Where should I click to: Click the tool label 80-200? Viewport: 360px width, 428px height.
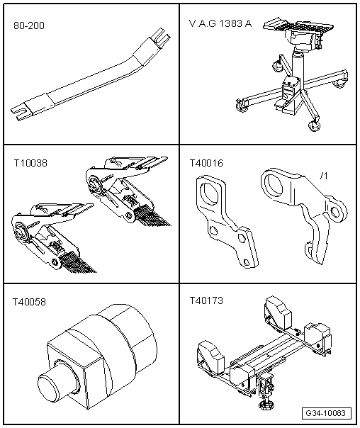(x=29, y=26)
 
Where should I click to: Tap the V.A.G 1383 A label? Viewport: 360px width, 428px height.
(x=220, y=24)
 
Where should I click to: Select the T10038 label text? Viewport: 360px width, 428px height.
(x=30, y=163)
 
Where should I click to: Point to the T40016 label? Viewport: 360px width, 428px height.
(x=206, y=163)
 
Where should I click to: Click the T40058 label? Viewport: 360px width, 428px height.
(x=29, y=302)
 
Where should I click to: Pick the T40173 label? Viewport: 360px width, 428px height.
(x=206, y=300)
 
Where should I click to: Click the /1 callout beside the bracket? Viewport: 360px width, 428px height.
(x=324, y=176)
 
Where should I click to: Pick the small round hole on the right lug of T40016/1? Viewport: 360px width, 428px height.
(x=334, y=211)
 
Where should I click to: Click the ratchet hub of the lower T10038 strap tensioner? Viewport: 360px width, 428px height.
(x=20, y=230)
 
